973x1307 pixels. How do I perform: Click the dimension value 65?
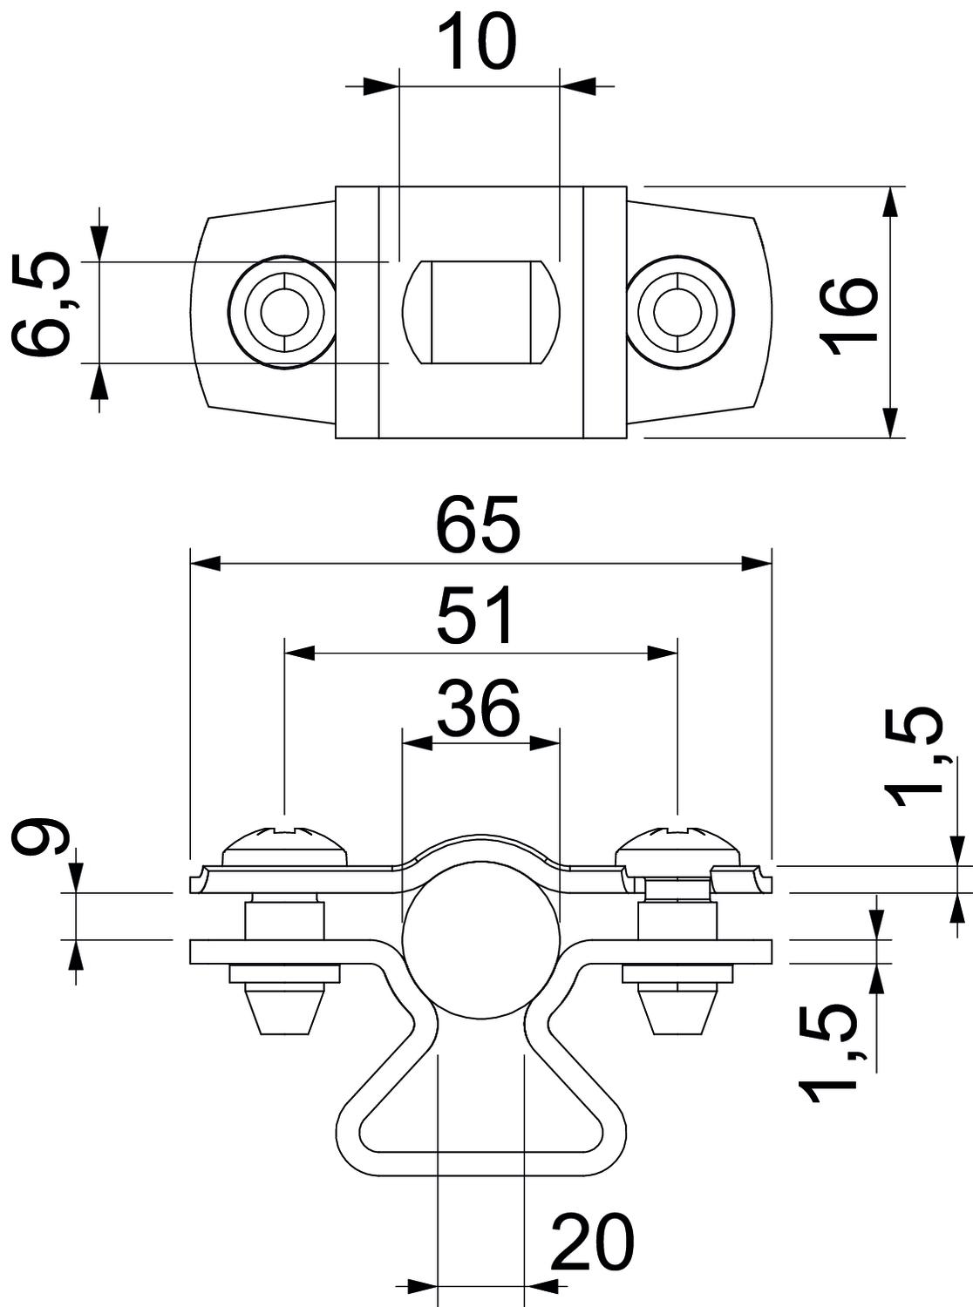coord(479,525)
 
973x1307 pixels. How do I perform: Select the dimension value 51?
coord(478,615)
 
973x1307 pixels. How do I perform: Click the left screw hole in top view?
coord(282,311)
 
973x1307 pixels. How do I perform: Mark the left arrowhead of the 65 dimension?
coord(204,564)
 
